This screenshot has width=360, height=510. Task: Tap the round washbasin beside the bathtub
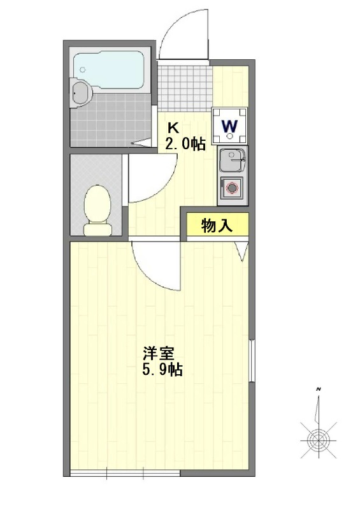coord(81,93)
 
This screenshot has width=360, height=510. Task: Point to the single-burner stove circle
coord(231,189)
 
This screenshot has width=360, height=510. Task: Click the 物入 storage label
coord(217,224)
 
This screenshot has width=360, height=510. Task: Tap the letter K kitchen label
coord(173,126)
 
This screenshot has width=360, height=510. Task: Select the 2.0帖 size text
coord(185,144)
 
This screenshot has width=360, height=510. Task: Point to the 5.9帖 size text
coord(162,370)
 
